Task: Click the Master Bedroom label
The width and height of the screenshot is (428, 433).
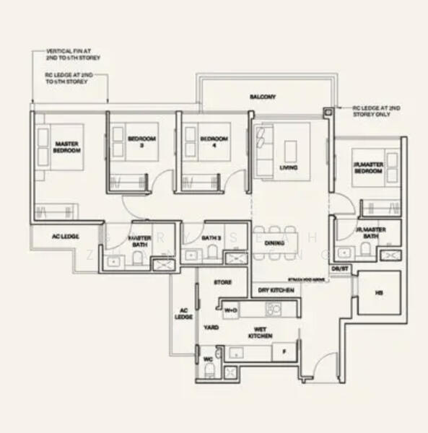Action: (x=66, y=147)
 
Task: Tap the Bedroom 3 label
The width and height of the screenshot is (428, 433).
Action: (x=137, y=141)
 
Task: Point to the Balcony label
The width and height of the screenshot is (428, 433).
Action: (x=260, y=96)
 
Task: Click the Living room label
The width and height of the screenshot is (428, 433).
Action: (x=288, y=168)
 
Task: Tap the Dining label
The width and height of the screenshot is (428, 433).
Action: (x=274, y=243)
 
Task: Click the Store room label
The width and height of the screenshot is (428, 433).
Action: (x=223, y=282)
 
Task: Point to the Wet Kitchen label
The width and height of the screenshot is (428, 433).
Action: (x=259, y=333)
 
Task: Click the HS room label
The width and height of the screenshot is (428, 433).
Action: (x=379, y=293)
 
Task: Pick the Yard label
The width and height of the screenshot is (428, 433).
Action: (x=211, y=327)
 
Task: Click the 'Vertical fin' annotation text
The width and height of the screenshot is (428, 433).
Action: (x=73, y=54)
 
